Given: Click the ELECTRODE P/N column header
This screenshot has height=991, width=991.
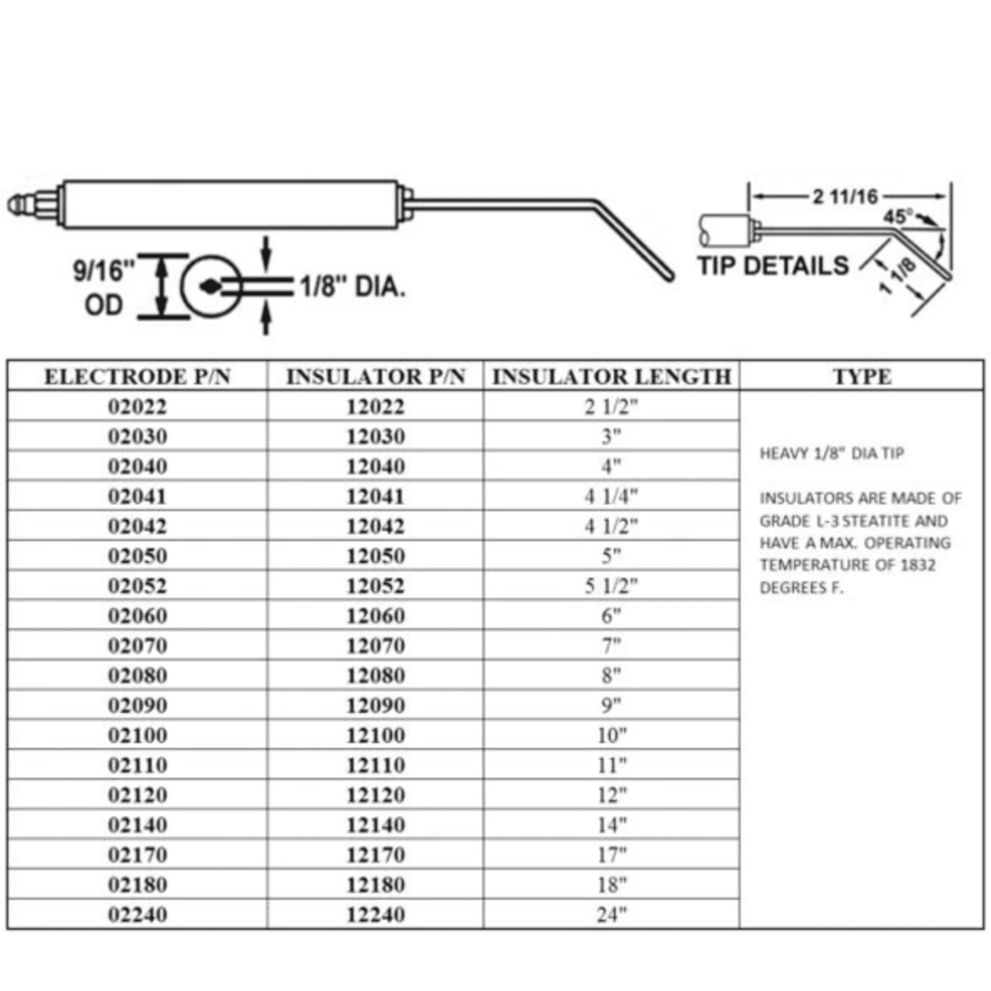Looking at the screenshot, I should [x=137, y=377].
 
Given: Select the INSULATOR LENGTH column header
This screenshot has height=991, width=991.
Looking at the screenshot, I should [x=611, y=377].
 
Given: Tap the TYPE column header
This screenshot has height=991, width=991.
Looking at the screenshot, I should [x=862, y=377].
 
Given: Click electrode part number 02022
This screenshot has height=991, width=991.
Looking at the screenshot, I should [x=137, y=407].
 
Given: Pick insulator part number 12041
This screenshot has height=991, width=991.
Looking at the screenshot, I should [x=375, y=497].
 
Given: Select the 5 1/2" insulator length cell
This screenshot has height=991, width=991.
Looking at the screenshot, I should [x=611, y=586].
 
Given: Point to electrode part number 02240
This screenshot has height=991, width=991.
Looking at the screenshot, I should [x=137, y=915].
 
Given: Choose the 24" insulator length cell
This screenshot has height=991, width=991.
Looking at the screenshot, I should [x=611, y=915].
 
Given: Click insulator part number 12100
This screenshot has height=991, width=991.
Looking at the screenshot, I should [x=375, y=735].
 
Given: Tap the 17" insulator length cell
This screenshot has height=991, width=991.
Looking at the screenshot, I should [x=611, y=855].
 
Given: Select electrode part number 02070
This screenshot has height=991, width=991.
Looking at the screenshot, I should [x=137, y=646].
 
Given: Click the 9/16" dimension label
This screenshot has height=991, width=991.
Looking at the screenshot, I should [x=104, y=271].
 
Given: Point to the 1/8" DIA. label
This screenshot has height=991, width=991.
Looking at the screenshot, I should [x=353, y=287].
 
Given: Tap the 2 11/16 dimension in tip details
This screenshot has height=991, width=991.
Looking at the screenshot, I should [x=845, y=197].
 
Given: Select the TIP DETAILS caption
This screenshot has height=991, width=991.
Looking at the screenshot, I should [x=773, y=265].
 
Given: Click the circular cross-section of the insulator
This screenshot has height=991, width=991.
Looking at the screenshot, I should [x=211, y=287].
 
